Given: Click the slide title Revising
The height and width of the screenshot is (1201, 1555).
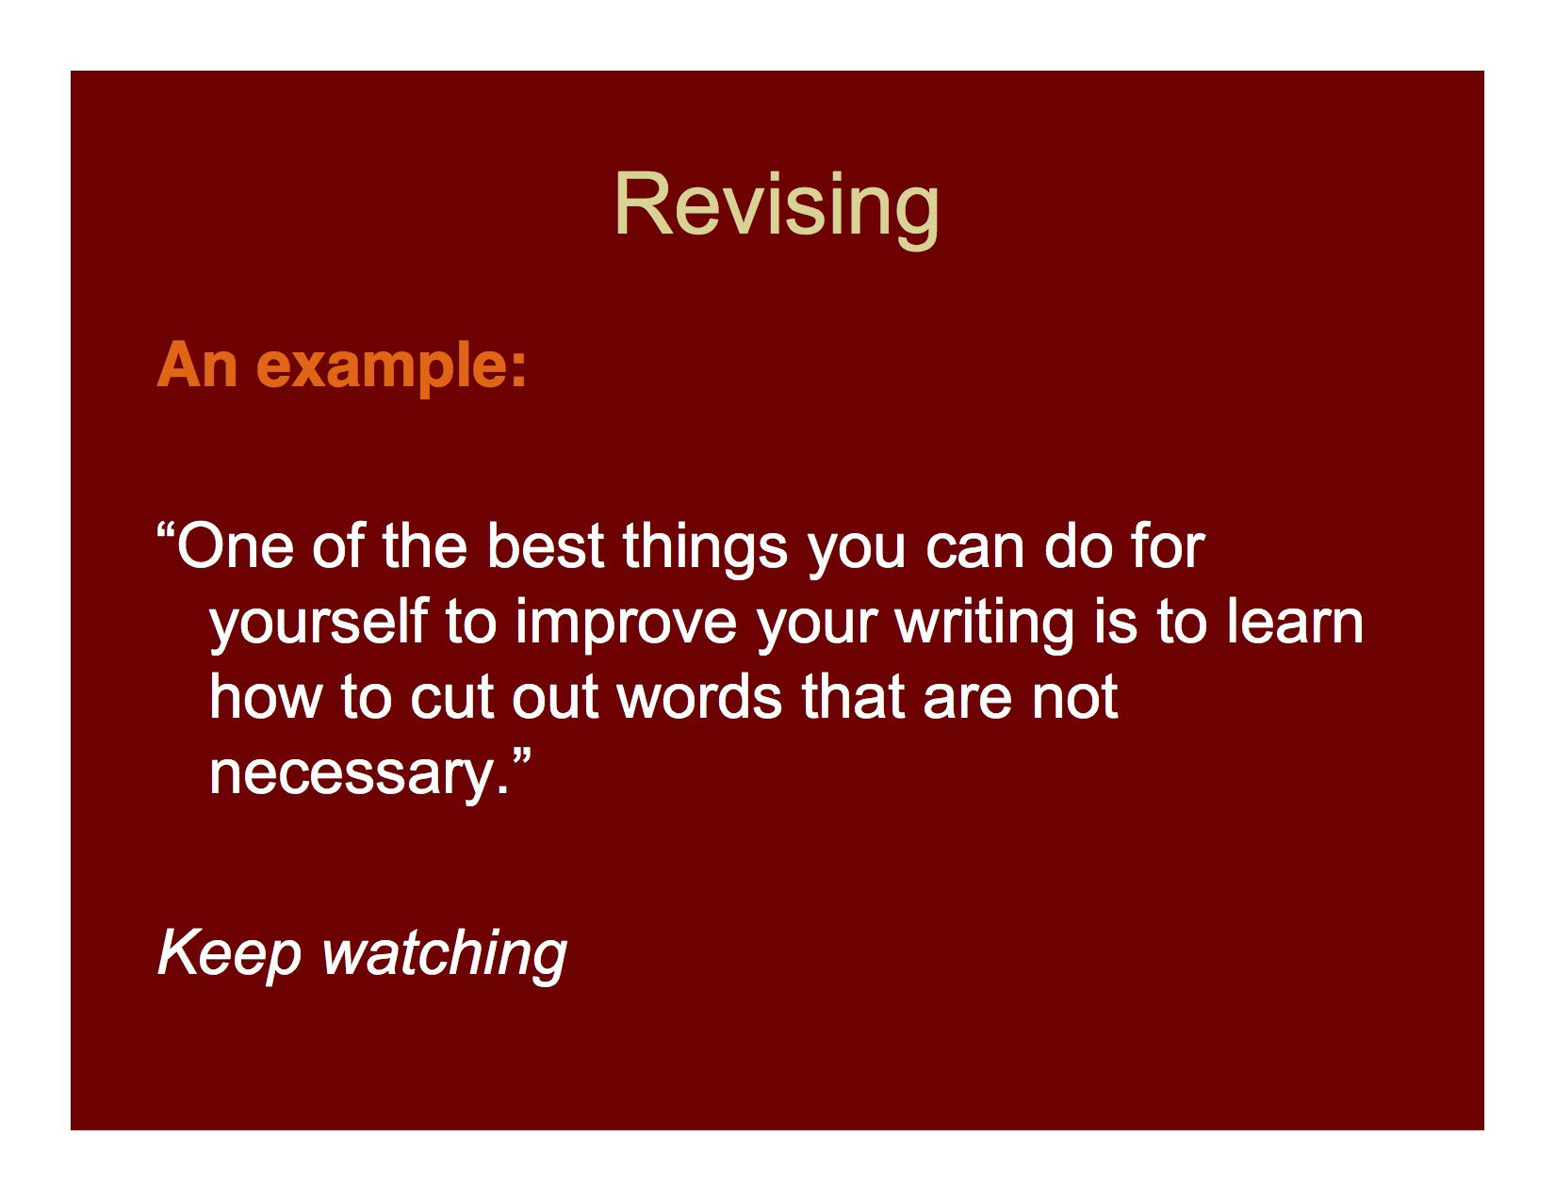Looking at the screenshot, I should tap(777, 204).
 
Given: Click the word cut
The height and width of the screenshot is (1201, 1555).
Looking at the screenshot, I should tap(450, 697).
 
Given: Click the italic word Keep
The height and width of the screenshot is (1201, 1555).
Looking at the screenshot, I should tap(228, 953).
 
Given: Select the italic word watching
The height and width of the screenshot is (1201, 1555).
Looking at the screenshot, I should tap(445, 953).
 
